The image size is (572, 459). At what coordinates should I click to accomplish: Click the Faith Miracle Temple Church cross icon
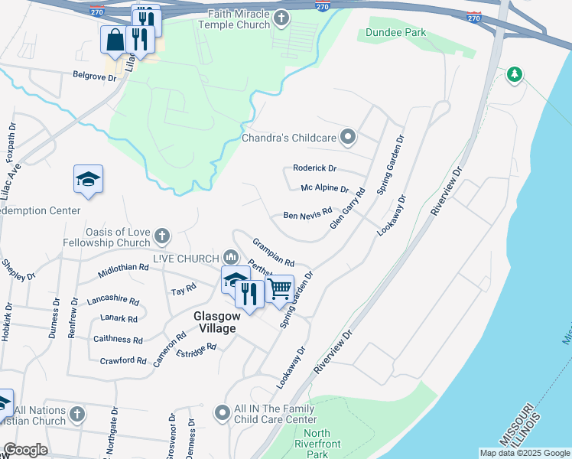pyautogui.click(x=281, y=18)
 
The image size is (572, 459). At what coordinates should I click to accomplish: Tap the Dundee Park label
pyautogui.click(x=395, y=33)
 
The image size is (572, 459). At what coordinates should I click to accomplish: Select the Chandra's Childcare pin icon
pyautogui.click(x=349, y=138)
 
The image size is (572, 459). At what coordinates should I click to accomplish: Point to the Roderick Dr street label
pyautogui.click(x=314, y=168)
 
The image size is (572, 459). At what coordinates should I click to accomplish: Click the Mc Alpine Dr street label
pyautogui.click(x=324, y=189)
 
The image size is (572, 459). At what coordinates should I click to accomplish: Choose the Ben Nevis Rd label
pyautogui.click(x=307, y=214)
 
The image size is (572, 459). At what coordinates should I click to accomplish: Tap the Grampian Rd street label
pyautogui.click(x=273, y=252)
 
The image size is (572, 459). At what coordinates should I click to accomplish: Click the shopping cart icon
pyautogui.click(x=280, y=288)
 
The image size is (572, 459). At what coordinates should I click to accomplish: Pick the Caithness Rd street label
pyautogui.click(x=118, y=340)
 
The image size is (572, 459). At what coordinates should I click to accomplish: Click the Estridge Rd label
pyautogui.click(x=197, y=348)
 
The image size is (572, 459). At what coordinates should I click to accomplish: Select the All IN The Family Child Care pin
pyautogui.click(x=223, y=413)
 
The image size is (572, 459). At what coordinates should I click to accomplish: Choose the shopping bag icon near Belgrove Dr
pyautogui.click(x=114, y=40)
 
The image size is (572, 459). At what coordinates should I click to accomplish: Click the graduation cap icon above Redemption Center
pyautogui.click(x=88, y=179)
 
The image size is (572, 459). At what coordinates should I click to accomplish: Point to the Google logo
pyautogui.click(x=25, y=450)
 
